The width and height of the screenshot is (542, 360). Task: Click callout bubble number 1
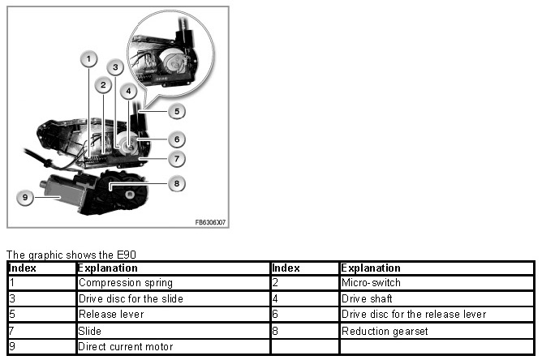click(88, 58)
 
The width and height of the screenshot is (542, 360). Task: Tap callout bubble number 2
click(102, 84)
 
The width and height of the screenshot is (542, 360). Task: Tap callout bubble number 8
click(175, 183)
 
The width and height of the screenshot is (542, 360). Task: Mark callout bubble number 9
click(26, 197)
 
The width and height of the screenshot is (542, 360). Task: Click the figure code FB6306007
click(210, 221)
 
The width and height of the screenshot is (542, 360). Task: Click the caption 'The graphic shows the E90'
click(58, 255)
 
